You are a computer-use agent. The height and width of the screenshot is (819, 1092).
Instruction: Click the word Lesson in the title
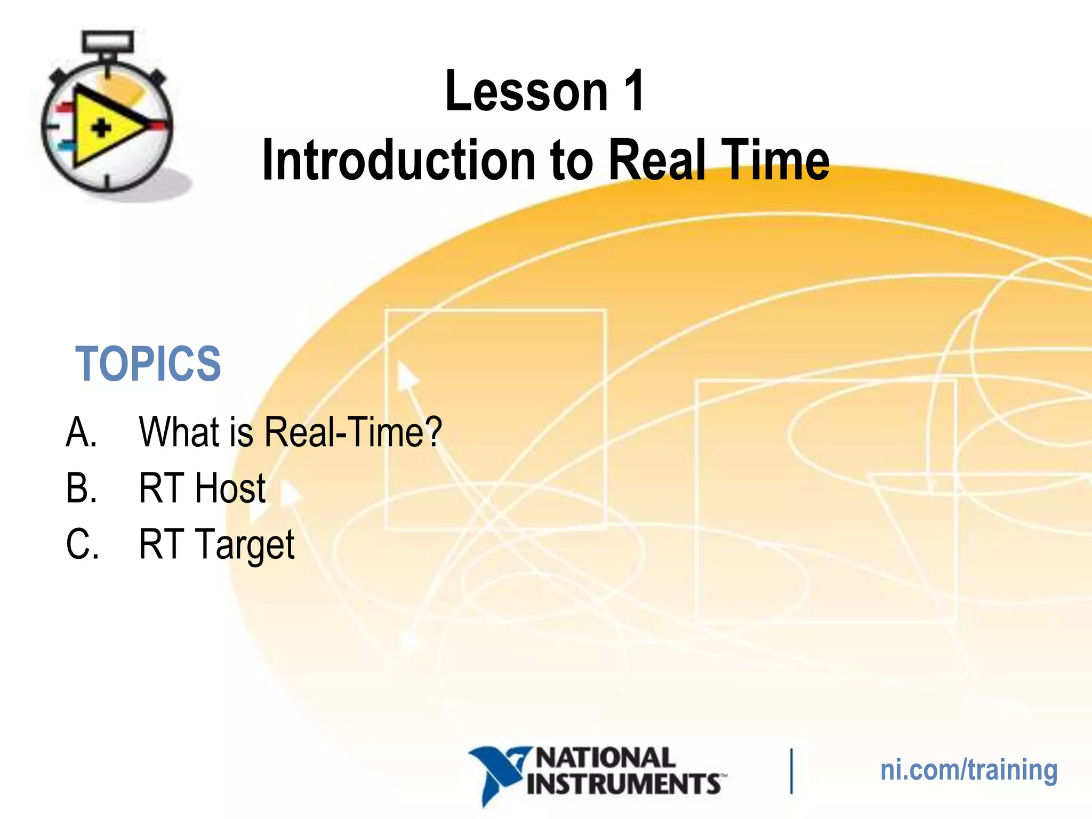[526, 92]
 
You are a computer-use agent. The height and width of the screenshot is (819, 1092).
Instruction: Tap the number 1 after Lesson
[634, 91]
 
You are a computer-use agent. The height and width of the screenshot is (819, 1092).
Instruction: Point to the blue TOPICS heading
[148, 364]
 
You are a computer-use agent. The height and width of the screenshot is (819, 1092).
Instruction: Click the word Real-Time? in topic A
[353, 432]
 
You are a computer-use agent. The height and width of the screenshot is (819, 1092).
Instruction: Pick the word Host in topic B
[230, 488]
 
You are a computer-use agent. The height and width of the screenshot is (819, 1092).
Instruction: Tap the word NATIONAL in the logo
[605, 758]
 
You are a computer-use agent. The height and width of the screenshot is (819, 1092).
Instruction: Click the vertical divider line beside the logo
[791, 771]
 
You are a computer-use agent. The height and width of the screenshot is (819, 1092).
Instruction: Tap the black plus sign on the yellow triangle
[101, 129]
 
